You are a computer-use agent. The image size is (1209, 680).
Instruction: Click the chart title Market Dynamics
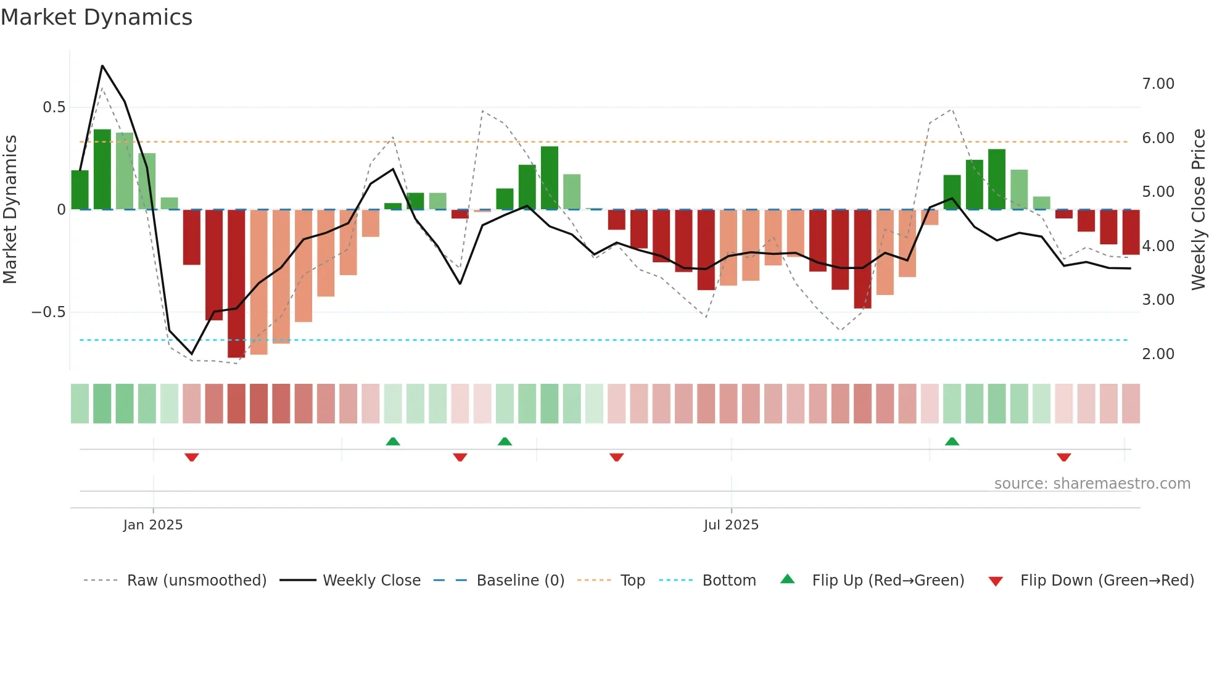click(x=96, y=17)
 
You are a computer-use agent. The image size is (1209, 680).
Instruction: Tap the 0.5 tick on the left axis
click(x=54, y=107)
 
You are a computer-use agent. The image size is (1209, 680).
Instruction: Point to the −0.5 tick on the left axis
click(x=49, y=312)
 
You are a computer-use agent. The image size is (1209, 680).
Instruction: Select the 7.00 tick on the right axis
click(x=1158, y=84)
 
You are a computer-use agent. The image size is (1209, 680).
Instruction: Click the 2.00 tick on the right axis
click(x=1158, y=354)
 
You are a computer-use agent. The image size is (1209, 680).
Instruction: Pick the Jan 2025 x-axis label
click(x=153, y=525)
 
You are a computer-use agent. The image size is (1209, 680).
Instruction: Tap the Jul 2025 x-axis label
click(x=731, y=525)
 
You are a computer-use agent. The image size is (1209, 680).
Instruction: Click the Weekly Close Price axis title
click(x=1198, y=210)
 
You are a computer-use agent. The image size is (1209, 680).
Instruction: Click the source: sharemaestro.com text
click(x=1092, y=484)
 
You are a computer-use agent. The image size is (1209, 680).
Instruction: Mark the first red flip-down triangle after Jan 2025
click(x=192, y=457)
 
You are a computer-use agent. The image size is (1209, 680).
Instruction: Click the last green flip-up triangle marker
click(x=952, y=441)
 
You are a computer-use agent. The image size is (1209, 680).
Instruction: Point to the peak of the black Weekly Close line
click(x=102, y=65)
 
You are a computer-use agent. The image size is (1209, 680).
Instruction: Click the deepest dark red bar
click(x=236, y=284)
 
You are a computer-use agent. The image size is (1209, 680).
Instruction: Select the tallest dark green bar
click(x=102, y=170)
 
